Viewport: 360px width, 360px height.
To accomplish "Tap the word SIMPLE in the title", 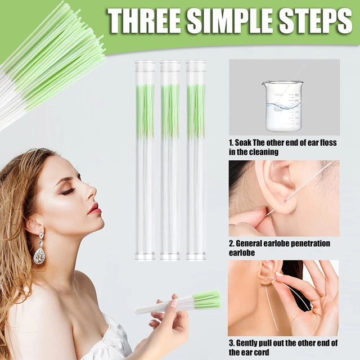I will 229,21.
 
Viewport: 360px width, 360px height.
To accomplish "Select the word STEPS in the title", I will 313,21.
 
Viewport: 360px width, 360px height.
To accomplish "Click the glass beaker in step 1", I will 283,105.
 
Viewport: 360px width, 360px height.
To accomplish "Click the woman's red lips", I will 94,209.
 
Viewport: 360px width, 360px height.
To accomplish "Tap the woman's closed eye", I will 67,191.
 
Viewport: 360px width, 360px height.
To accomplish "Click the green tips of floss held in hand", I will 206,300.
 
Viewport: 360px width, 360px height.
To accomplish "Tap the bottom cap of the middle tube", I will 170,256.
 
